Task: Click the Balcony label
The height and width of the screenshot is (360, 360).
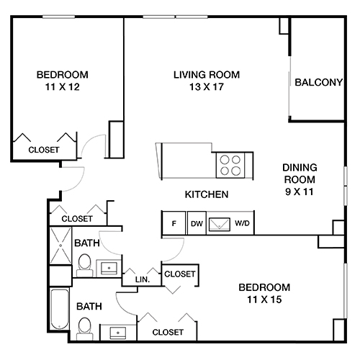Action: (318, 82)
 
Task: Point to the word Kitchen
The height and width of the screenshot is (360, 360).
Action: (207, 194)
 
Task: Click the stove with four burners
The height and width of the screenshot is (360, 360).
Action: (231, 166)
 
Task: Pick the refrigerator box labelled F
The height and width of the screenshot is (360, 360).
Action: (174, 224)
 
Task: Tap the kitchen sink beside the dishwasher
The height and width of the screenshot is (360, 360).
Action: (219, 224)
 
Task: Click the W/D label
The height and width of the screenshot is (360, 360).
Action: (243, 224)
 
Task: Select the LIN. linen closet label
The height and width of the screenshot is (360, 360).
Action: (142, 279)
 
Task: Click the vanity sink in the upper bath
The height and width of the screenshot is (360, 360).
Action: (109, 268)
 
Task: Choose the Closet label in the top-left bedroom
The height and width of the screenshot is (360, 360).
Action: (43, 150)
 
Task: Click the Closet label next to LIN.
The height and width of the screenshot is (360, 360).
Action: (179, 274)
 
